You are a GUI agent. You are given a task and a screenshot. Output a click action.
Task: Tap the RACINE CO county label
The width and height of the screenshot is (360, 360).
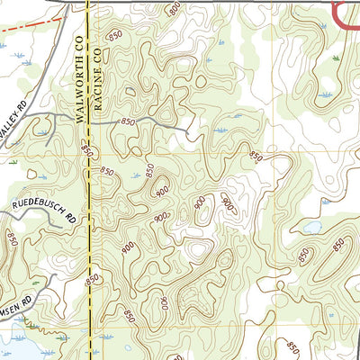click(101, 81)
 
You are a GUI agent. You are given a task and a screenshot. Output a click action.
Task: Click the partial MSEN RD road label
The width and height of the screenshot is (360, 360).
click(13, 296)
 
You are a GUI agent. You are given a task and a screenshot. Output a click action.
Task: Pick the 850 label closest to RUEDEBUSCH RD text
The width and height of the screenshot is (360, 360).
click(13, 238)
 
